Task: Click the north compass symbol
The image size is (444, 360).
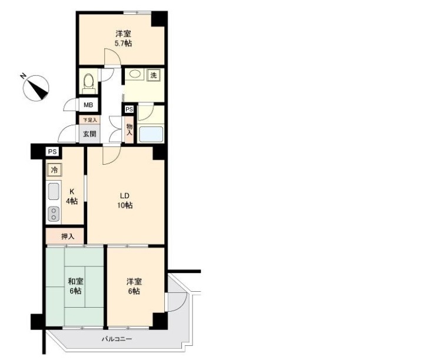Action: pos(36,88)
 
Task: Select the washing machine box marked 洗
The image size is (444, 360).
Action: pos(154,75)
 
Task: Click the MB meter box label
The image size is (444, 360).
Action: pos(88,105)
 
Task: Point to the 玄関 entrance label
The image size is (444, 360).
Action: pos(90,134)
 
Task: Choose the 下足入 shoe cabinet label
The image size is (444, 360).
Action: pos(90,120)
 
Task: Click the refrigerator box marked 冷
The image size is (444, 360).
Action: pos(54,169)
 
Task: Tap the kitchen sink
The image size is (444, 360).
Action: pos(54,191)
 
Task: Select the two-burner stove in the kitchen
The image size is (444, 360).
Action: pos(54,214)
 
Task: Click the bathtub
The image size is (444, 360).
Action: pos(151,134)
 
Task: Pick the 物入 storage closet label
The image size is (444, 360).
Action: pos(130,130)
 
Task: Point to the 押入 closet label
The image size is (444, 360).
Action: pos(68,236)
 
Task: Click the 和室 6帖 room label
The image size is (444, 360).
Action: pos(75,286)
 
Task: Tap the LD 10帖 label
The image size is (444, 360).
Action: pos(125,201)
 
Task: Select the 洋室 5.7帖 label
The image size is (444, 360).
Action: pos(124,39)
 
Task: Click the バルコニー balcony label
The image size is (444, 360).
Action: pos(117,339)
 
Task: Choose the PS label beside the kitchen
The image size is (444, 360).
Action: pos(52,152)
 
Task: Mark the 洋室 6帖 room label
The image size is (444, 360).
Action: pos(134,286)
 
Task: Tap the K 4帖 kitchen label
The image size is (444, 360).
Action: pos(72,196)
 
